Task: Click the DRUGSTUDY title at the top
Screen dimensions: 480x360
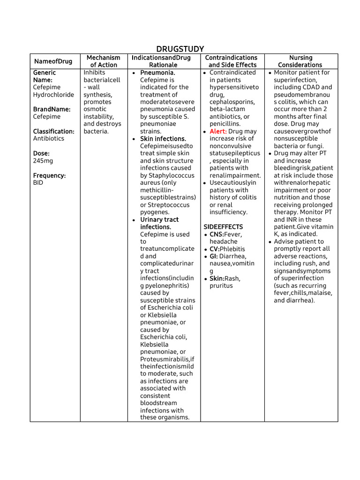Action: coord(180,49)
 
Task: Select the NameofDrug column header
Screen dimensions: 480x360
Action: coord(53,61)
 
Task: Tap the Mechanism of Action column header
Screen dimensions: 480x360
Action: coord(104,61)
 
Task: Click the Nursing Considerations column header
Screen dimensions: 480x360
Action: coord(300,61)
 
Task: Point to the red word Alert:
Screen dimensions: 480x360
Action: coord(218,131)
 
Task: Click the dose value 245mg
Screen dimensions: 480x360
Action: coord(43,161)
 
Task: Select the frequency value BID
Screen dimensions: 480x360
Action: coord(38,183)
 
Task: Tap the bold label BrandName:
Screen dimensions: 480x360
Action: coord(52,109)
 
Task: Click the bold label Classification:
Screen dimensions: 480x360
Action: coord(53,131)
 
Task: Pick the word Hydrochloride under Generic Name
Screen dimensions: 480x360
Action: coord(53,95)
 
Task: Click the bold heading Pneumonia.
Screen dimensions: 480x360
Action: coord(157,73)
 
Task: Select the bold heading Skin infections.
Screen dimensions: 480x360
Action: coord(163,139)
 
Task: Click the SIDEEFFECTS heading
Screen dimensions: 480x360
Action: coord(223,227)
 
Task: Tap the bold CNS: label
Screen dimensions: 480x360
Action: coord(217,234)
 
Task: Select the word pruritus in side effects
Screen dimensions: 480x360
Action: coord(221,285)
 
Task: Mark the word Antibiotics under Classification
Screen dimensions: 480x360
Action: coord(49,139)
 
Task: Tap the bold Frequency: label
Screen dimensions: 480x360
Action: coord(49,175)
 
